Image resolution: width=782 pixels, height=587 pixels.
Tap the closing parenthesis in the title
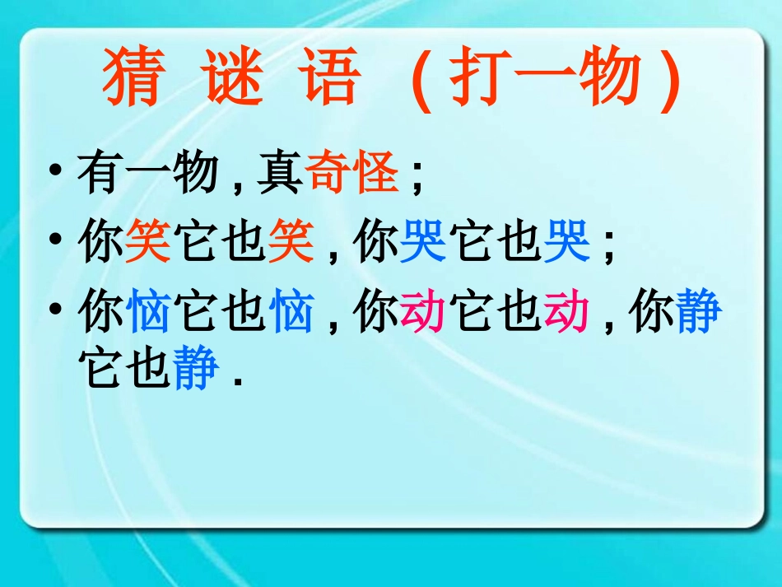671,82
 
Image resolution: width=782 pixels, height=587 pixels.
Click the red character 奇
329,174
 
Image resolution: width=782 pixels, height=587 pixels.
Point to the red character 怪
377,174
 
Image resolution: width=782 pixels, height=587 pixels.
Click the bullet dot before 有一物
55,174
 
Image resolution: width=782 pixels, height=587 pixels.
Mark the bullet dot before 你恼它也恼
55,312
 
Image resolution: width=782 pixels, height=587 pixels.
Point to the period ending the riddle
239,381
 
